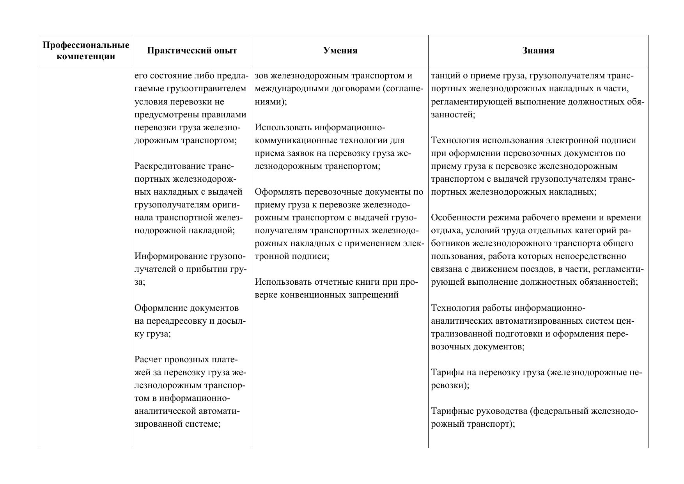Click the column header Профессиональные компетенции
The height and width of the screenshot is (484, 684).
coord(86,51)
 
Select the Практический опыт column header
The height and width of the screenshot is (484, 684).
coord(192,51)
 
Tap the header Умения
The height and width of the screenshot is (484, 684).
coord(340,51)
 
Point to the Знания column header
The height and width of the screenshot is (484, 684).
coord(538,51)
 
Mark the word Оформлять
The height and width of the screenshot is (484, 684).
coord(278,192)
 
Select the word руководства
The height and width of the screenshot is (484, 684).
coord(502,411)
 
